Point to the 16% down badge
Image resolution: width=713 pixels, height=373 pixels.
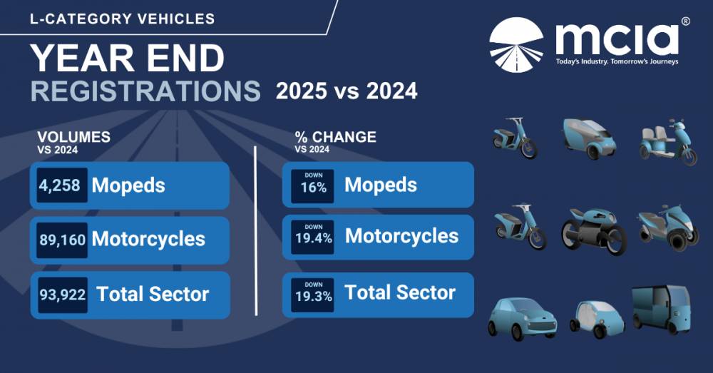312,186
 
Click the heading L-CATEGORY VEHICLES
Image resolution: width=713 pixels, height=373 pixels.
122,19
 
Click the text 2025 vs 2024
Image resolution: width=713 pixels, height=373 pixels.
347,92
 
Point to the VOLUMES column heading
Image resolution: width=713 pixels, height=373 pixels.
72,137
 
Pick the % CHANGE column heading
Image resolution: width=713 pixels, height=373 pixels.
335,137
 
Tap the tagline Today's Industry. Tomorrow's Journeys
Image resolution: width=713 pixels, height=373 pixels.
617,61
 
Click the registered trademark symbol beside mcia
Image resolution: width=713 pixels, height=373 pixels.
685,22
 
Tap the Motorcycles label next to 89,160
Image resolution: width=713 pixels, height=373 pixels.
148,239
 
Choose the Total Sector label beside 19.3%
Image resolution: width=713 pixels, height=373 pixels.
400,293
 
